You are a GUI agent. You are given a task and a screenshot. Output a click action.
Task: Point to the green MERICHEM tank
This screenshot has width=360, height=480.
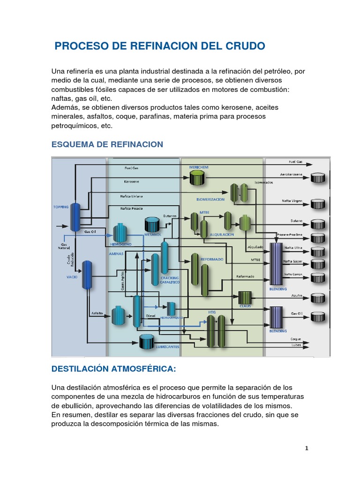pyautogui.click(x=197, y=177)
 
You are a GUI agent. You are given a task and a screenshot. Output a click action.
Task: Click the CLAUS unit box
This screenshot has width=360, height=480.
pyautogui.click(x=245, y=298)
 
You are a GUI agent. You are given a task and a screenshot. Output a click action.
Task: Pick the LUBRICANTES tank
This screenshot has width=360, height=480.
pyautogui.click(x=147, y=340)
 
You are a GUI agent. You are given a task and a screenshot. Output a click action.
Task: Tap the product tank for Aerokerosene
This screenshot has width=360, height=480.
pyautogui.click(x=320, y=178)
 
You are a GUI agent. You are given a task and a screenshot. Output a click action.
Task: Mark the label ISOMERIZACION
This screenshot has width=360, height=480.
pyautogui.click(x=210, y=199)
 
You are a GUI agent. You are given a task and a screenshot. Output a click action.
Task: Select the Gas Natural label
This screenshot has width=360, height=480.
pyautogui.click(x=64, y=246)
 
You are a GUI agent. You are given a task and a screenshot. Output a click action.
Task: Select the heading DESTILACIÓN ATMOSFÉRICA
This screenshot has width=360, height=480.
pyautogui.click(x=113, y=369)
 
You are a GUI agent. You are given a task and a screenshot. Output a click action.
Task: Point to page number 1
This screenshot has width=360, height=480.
pyautogui.click(x=307, y=449)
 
